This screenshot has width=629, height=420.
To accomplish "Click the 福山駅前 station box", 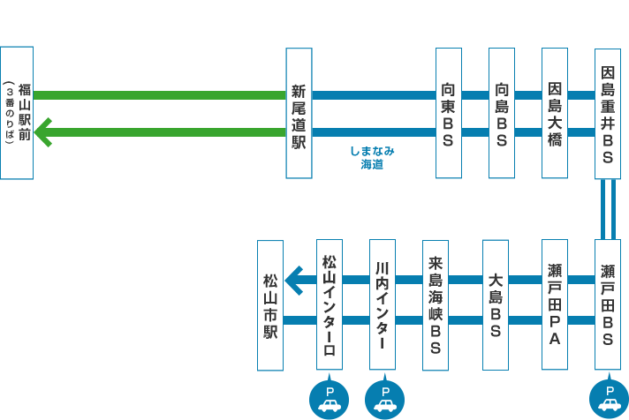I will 18,113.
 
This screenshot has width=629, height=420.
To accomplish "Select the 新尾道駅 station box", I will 299,113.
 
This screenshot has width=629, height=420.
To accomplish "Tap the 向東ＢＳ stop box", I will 449,113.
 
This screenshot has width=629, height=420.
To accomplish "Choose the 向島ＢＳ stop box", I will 502,113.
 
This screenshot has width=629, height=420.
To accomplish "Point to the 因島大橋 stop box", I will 555,113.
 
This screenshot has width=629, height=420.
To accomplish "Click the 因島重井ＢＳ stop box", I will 608,113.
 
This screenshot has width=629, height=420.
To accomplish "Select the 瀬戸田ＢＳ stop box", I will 608,304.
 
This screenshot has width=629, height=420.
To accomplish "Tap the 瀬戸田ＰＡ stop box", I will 555,304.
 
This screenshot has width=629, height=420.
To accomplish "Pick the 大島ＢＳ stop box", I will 496,304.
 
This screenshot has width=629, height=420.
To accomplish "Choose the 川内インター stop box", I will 382,304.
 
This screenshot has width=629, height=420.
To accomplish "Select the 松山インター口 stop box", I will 330,304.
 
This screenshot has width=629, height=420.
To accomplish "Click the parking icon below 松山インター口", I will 330,399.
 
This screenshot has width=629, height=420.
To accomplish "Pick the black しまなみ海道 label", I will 350,158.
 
